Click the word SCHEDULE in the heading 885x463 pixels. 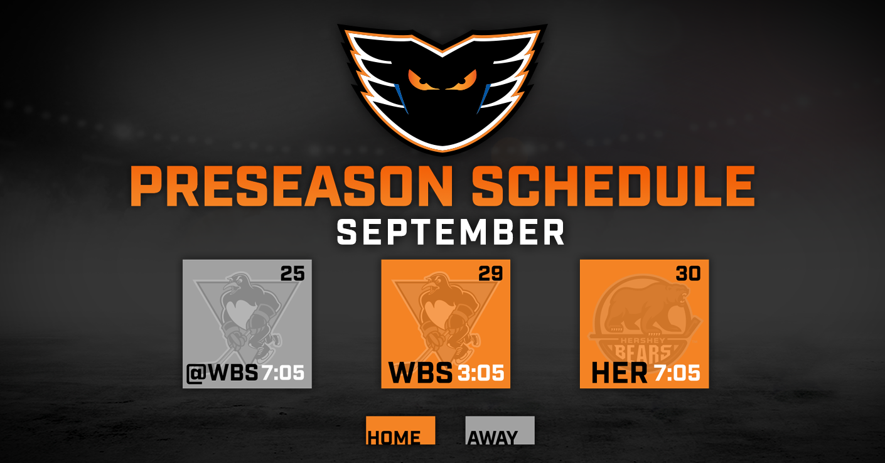point(613,186)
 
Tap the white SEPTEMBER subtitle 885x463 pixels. point(451,233)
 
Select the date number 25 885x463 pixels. point(292,274)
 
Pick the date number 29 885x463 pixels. point(491,274)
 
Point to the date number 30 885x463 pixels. point(689,274)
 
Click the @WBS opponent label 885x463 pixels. point(222,373)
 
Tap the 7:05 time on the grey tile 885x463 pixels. point(283,373)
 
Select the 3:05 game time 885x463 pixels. point(481,373)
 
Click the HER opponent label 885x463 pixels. point(619,373)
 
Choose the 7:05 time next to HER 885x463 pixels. point(677,373)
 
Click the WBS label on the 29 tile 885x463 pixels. point(421,373)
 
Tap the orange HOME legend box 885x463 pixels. point(400,430)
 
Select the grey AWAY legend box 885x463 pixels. point(500,430)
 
